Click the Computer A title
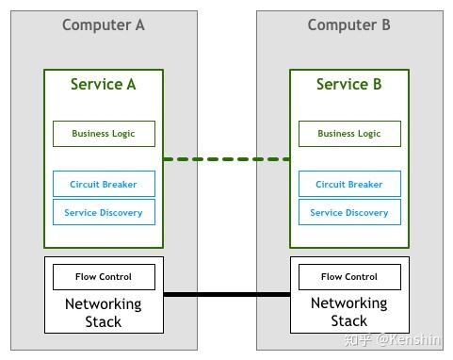[x=104, y=25]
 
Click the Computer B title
[x=348, y=25]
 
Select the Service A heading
[x=104, y=85]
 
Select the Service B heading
[x=348, y=85]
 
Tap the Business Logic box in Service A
[x=104, y=134]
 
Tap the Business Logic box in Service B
[x=349, y=134]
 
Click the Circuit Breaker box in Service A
[x=104, y=185]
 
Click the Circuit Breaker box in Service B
[x=349, y=185]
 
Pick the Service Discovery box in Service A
[x=104, y=213]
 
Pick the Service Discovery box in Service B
[x=349, y=213]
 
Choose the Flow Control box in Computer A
[x=104, y=277]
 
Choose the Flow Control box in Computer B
[x=349, y=277]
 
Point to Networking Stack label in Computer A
[x=104, y=313]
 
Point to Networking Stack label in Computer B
[x=349, y=313]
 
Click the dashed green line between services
[x=226, y=159]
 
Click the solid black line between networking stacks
[x=226, y=295]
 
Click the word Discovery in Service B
[x=367, y=213]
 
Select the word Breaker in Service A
[x=120, y=185]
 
